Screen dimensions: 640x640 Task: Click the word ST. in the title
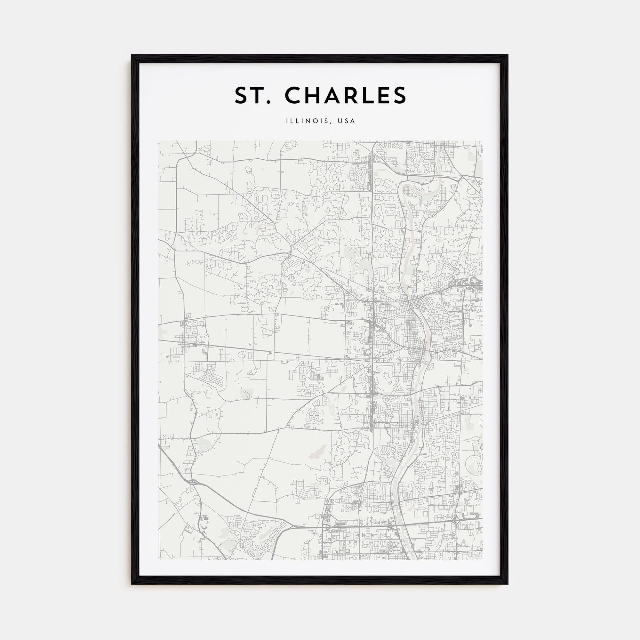click(x=251, y=95)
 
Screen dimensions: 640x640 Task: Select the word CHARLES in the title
click(x=345, y=95)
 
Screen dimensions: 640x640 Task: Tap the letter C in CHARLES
click(x=294, y=95)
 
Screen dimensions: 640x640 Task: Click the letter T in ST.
click(x=257, y=95)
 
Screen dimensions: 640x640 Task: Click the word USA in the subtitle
click(x=347, y=121)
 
